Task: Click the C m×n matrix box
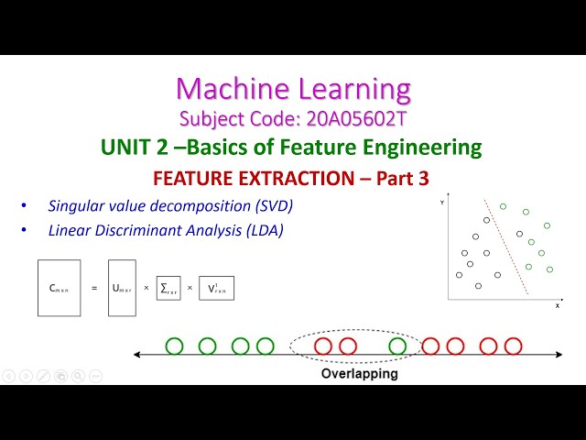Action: click(x=59, y=288)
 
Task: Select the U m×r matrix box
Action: click(x=122, y=288)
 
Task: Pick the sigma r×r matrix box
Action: click(x=168, y=288)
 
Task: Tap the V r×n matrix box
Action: click(x=216, y=288)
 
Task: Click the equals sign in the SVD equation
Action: click(x=93, y=288)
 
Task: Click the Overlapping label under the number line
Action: click(x=359, y=374)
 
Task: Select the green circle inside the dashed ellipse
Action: click(x=397, y=346)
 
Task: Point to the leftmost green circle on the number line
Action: click(x=174, y=346)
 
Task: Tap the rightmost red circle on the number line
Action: click(x=513, y=346)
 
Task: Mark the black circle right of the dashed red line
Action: click(x=519, y=234)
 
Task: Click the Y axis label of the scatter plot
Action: click(x=442, y=200)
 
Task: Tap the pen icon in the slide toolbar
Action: click(x=43, y=375)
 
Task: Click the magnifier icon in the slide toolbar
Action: click(x=78, y=375)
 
